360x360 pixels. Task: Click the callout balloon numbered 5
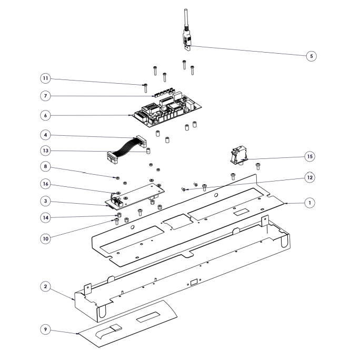click(x=312, y=55)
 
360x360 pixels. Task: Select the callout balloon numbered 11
click(x=46, y=78)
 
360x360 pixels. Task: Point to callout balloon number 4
click(x=46, y=135)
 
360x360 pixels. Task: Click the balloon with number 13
click(x=46, y=150)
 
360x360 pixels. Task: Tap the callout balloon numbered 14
click(x=46, y=217)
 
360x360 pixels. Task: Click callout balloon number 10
click(x=46, y=237)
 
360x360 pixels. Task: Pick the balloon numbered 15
click(x=309, y=156)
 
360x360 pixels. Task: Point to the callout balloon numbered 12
click(x=311, y=178)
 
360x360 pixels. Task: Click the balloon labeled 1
click(x=311, y=202)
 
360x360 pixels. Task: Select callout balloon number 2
click(x=46, y=287)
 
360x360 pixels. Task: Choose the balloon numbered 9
click(x=46, y=329)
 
